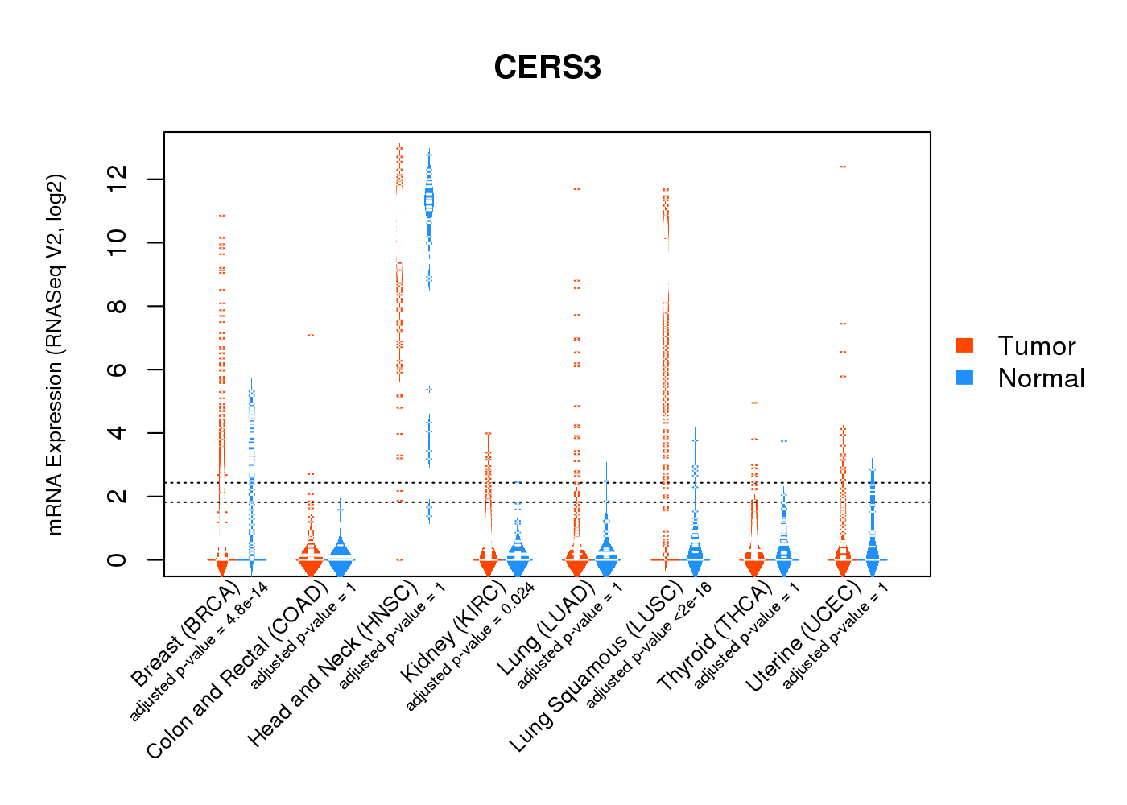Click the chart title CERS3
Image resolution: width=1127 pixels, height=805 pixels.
547,68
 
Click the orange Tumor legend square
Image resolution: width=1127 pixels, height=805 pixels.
964,345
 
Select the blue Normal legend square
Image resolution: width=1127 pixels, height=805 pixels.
964,378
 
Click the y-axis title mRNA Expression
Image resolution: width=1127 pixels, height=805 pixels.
55,354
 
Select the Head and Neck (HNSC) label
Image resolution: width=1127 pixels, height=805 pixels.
332,664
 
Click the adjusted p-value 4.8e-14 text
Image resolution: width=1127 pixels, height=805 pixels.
200,652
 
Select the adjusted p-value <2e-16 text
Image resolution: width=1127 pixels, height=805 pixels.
649,646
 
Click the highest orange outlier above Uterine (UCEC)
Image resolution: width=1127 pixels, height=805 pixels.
843,167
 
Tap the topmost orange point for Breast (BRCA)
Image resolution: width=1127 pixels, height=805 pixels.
222,216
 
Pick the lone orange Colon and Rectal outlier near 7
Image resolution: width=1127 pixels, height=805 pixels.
311,335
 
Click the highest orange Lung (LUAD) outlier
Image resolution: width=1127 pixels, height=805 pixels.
577,189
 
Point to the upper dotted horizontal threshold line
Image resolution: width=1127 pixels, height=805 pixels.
547,483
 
